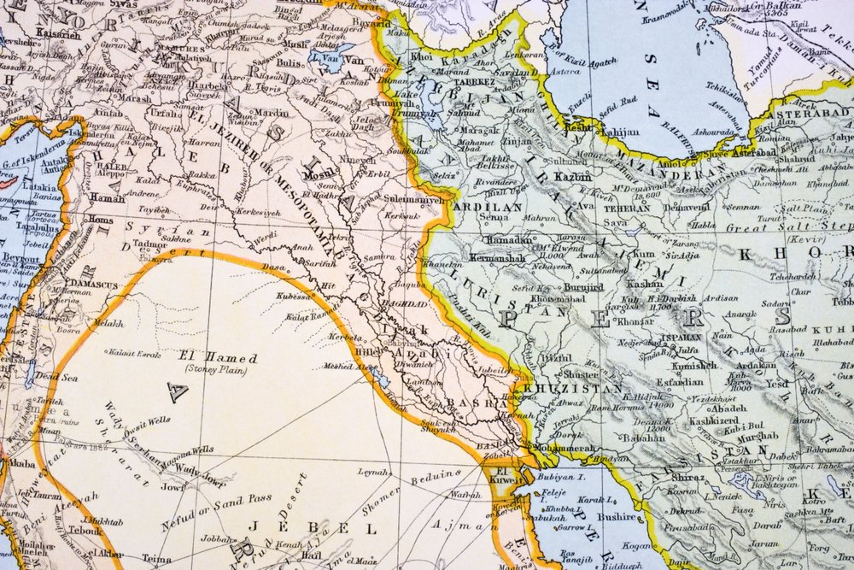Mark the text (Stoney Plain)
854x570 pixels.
(218, 370)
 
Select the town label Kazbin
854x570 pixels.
(575, 177)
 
